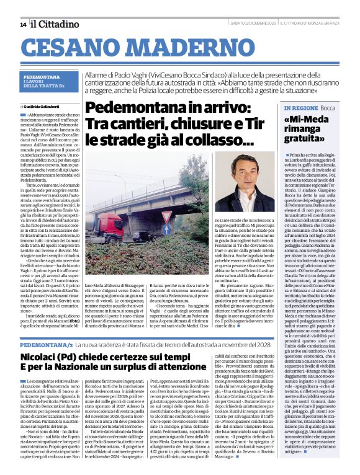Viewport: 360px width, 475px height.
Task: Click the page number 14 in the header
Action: (23, 24)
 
